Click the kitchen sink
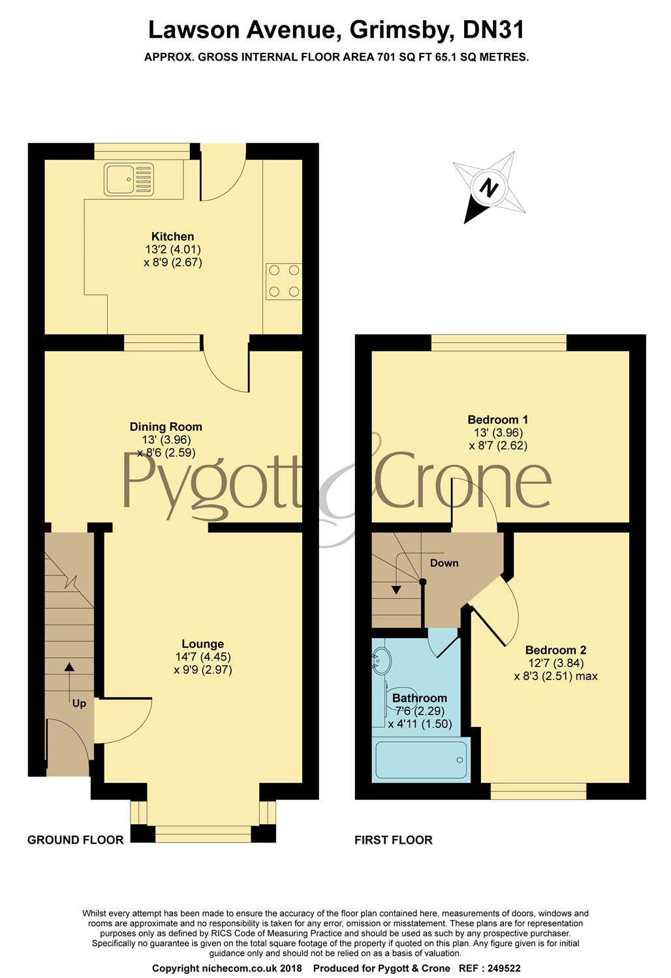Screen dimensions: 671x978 (129, 179)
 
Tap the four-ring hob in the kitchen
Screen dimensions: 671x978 (284, 281)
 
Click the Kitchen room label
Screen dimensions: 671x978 (173, 237)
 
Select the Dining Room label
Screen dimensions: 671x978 (166, 427)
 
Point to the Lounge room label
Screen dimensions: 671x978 (203, 644)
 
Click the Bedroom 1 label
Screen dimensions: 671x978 (498, 420)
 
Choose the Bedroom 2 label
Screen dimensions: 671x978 (555, 650)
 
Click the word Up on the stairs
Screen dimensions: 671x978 (79, 704)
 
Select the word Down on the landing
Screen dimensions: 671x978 (444, 563)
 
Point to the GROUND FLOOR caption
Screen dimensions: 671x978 (76, 840)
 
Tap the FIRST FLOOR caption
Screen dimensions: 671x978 (394, 840)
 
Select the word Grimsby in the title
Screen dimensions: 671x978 (399, 31)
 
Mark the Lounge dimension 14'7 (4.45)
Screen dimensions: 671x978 (203, 657)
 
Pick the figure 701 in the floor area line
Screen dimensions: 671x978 (386, 57)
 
